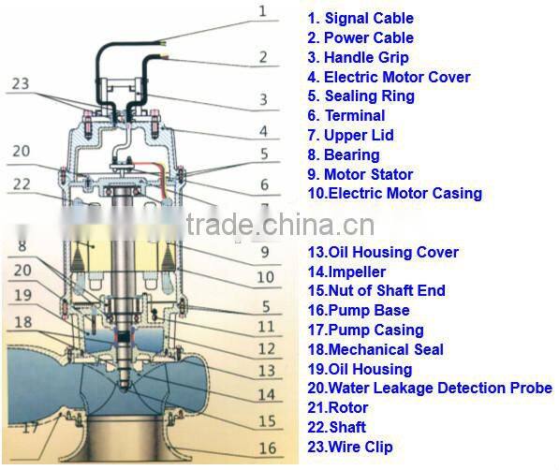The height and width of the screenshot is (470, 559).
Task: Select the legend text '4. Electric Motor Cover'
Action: click(389, 77)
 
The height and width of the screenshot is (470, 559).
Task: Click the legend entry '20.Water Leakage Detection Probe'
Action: click(430, 389)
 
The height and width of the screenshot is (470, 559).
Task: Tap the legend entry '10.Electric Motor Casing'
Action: click(394, 194)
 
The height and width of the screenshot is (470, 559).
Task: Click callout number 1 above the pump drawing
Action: click(263, 11)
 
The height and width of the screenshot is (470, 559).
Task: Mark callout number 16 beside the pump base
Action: click(268, 448)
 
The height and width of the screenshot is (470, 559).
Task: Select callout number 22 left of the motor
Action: click(22, 183)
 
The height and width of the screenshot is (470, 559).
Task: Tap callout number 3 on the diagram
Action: click(263, 99)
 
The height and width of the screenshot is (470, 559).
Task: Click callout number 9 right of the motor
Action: click(265, 252)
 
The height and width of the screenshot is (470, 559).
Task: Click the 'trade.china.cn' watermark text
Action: click(279, 226)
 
